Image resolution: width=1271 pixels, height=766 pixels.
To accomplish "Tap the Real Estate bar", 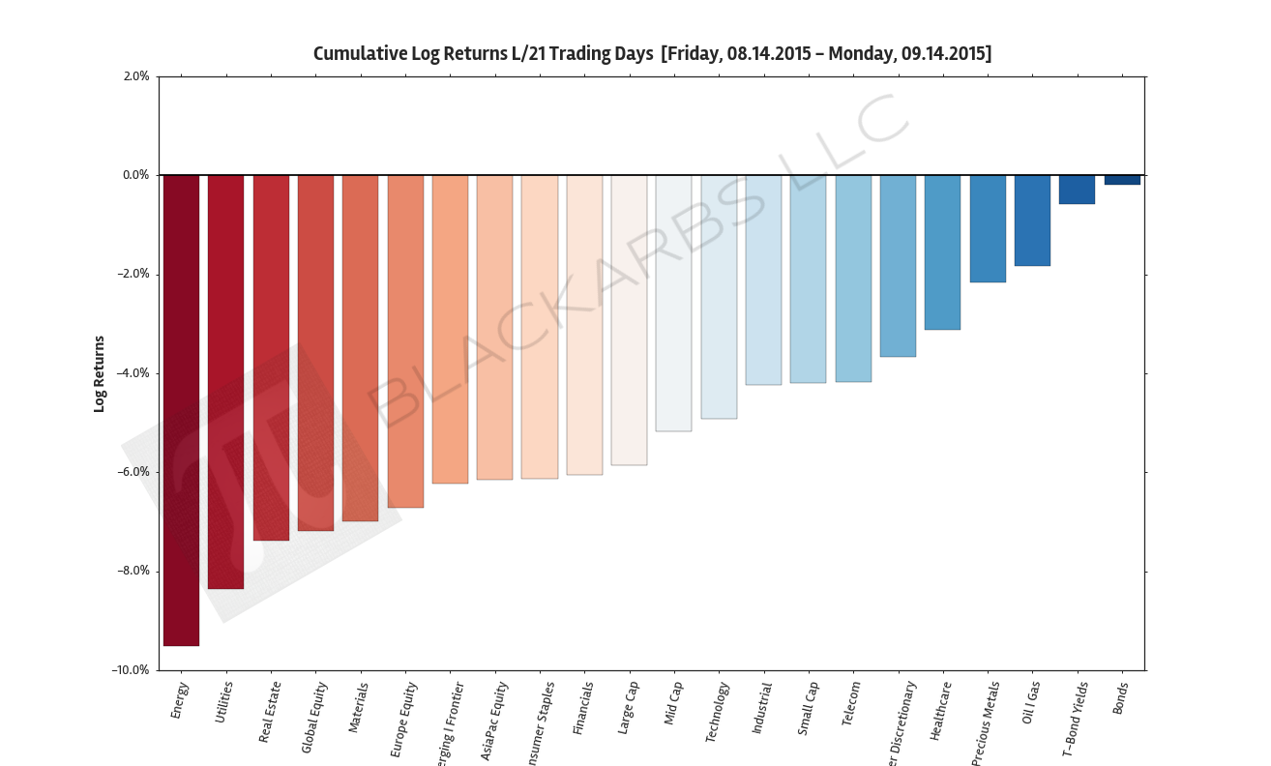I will click(271, 357).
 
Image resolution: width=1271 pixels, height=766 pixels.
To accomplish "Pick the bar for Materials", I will click(360, 347).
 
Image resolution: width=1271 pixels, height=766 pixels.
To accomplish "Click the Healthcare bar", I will click(942, 252).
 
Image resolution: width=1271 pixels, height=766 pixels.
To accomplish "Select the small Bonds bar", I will click(1122, 180).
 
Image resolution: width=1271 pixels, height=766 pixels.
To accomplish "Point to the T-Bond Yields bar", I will click(1077, 190).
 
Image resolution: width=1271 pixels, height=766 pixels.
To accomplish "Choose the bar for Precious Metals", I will click(988, 228).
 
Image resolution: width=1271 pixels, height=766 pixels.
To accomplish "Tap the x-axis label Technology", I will click(717, 712).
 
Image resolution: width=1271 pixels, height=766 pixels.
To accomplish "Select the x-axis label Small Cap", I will click(808, 709).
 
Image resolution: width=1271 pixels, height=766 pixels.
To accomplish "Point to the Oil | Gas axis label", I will click(1030, 702).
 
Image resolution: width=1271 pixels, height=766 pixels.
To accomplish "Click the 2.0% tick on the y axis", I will click(136, 76).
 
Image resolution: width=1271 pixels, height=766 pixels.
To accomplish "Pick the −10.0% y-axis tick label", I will click(131, 670).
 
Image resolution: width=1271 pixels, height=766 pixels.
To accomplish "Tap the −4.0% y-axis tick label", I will click(133, 373).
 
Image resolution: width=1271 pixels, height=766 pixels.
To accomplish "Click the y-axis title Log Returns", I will click(99, 373).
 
